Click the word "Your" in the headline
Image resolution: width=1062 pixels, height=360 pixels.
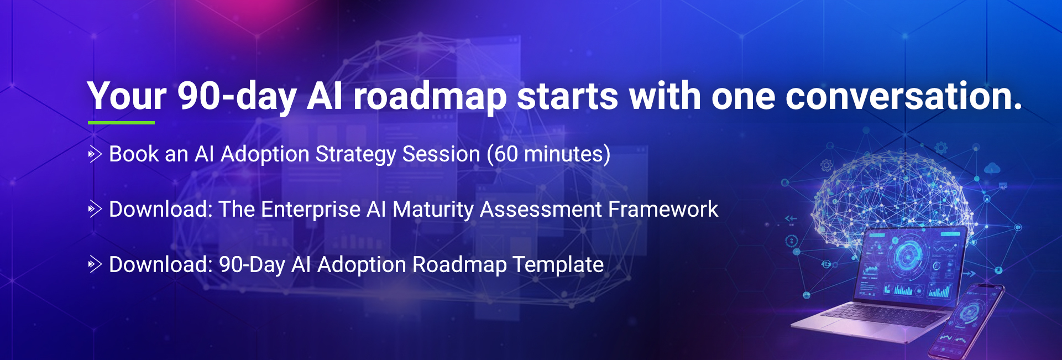point(127,96)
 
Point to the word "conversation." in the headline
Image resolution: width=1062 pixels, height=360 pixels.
point(904,96)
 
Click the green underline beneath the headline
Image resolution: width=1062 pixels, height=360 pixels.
point(121,123)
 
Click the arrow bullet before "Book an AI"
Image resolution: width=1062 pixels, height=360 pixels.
point(95,154)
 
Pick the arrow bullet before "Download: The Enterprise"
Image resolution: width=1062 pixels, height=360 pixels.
point(95,210)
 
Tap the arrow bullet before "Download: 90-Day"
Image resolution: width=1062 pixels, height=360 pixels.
point(95,265)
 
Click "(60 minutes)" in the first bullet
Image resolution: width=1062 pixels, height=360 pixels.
point(548,154)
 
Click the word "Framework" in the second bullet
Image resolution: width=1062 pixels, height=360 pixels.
point(663,210)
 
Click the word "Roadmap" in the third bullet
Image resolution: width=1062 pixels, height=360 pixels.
point(459,265)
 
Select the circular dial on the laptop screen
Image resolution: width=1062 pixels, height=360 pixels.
point(907,255)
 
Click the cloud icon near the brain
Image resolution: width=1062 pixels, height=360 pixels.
point(992,168)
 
